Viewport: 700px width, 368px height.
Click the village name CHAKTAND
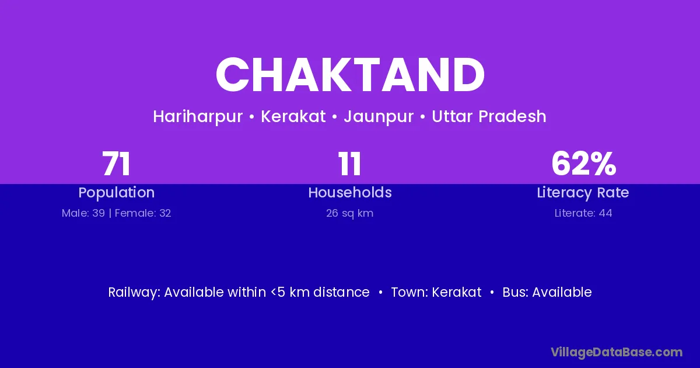point(350,75)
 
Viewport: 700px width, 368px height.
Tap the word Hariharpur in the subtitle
point(198,117)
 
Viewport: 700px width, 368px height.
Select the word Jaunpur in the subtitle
point(379,117)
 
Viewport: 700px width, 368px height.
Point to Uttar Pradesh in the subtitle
point(489,116)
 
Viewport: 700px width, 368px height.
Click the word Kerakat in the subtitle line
point(293,116)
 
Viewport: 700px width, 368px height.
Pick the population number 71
point(116,164)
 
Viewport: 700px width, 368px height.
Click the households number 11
point(349,164)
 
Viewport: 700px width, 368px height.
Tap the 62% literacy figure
point(583,164)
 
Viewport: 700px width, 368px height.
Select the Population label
point(117,193)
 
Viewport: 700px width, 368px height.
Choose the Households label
point(350,192)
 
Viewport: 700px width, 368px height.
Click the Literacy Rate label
point(583,193)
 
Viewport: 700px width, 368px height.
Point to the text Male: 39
point(83,213)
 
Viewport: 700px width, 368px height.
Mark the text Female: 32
point(143,213)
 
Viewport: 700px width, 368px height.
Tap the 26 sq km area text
point(349,213)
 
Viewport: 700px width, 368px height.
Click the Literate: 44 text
point(583,213)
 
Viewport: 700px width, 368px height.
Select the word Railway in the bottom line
point(134,293)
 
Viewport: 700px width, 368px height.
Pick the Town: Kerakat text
point(436,292)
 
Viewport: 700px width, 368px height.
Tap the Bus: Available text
point(547,292)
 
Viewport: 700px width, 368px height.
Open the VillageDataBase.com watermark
point(617,352)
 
